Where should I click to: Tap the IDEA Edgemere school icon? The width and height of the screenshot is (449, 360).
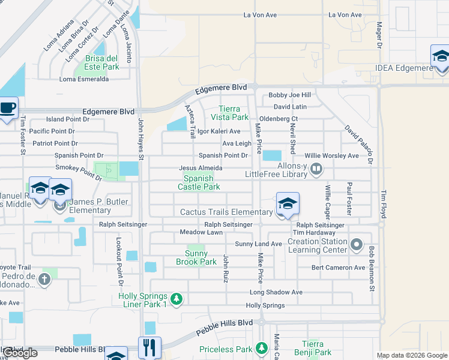(440, 56)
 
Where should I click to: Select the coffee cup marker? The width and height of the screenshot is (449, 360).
(8, 109)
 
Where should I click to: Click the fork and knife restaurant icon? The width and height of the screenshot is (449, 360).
(149, 347)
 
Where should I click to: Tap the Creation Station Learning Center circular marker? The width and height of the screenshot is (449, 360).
(357, 244)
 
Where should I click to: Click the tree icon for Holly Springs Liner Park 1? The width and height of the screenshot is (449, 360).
(176, 298)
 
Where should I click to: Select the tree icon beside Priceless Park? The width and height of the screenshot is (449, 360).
(261, 348)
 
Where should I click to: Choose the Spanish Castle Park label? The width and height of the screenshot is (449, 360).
(199, 182)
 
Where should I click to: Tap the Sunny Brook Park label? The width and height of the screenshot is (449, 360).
(196, 257)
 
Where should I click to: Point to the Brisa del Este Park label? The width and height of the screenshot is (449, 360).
(102, 62)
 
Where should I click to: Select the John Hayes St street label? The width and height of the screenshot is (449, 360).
(142, 138)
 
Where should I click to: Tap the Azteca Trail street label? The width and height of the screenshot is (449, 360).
(190, 120)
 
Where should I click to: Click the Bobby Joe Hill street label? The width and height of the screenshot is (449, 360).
(290, 95)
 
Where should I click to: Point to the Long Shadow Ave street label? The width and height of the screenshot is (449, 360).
(276, 292)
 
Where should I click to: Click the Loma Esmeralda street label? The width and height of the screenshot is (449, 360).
(84, 79)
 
